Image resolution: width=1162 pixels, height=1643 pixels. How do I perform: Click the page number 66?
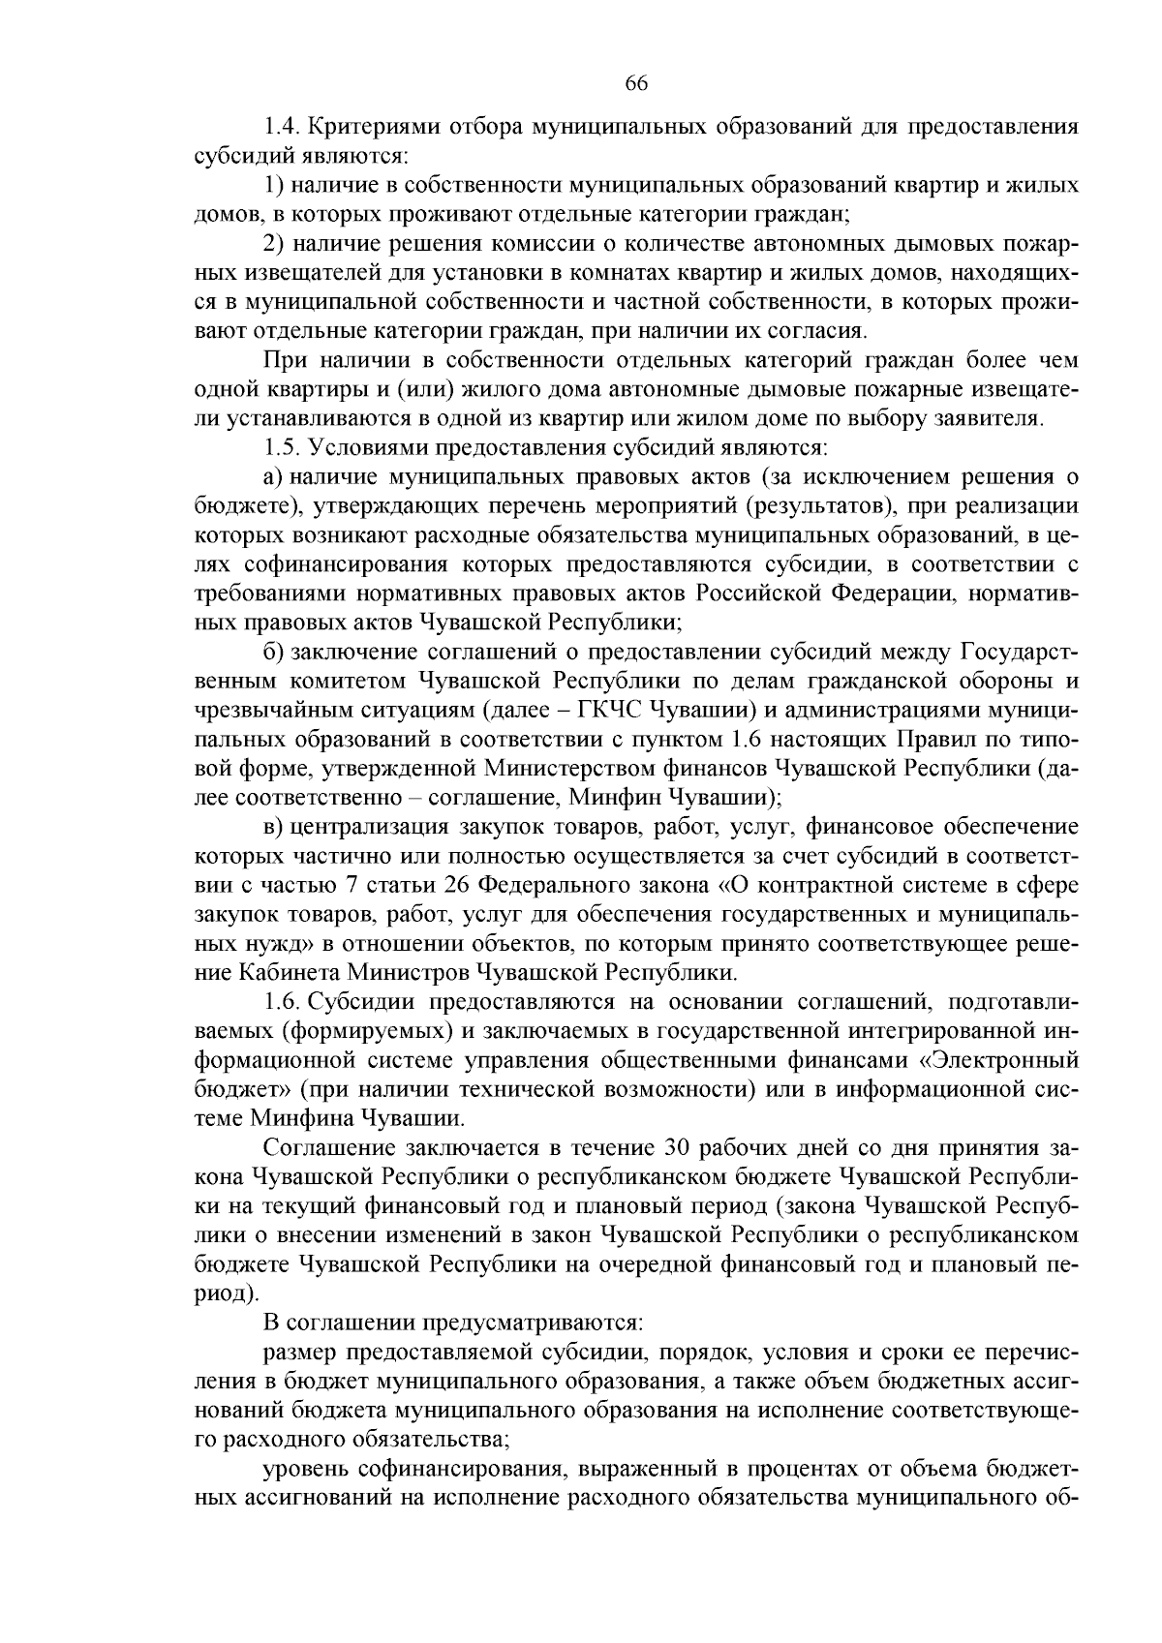coord(636,82)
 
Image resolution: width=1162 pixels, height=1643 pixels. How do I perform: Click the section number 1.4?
coord(282,127)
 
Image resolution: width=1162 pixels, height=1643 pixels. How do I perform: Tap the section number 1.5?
coord(282,447)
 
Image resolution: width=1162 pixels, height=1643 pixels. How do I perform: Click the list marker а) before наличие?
coord(272,476)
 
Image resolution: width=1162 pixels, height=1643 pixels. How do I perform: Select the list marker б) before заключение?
coord(273,651)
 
